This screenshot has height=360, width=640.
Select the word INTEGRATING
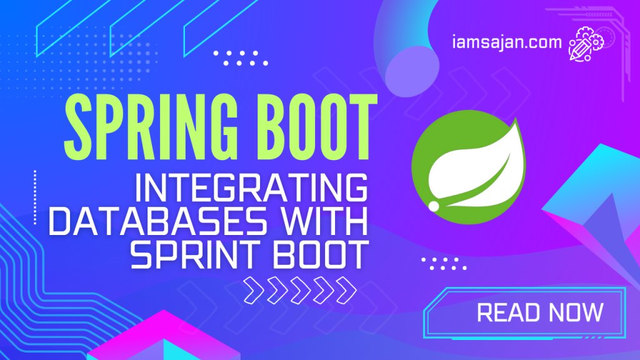(x=251, y=187)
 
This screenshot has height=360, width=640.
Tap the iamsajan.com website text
(x=507, y=42)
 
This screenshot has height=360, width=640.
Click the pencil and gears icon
(x=586, y=44)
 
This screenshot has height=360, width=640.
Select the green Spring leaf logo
(x=469, y=167)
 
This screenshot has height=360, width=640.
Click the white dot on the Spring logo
(x=434, y=206)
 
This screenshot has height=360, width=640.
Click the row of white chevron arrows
(x=300, y=290)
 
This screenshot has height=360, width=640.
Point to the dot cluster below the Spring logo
(x=444, y=264)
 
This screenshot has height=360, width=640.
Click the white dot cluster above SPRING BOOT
(x=241, y=58)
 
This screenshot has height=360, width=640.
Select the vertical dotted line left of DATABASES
(x=35, y=197)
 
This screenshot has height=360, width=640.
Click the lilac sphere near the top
(x=412, y=71)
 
